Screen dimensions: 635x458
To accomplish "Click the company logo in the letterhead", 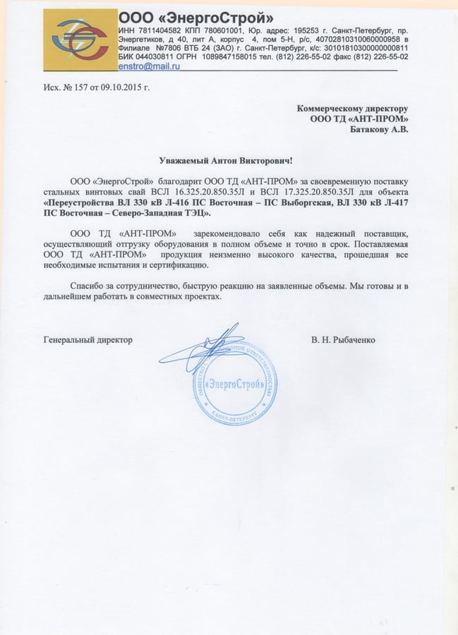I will [x=80, y=40].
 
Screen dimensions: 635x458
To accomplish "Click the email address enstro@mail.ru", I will [x=149, y=65].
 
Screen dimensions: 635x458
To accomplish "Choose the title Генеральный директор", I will [x=88, y=339].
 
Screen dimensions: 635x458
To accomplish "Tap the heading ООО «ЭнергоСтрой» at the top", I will [x=195, y=17].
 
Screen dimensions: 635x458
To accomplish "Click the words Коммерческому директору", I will [x=352, y=109].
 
